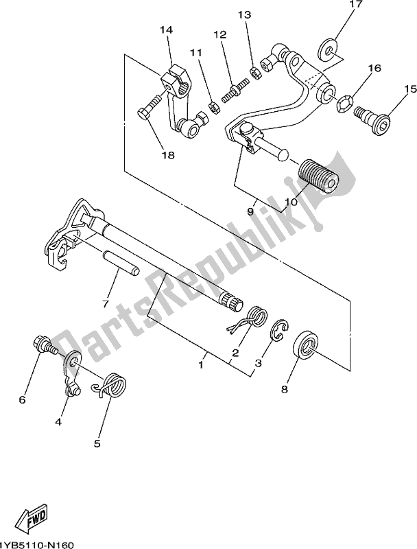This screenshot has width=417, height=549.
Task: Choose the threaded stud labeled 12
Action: click(235, 91)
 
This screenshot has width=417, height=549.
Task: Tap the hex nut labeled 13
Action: click(254, 73)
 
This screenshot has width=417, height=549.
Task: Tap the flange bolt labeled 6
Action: click(45, 344)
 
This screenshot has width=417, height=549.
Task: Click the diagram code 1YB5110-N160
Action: click(36, 545)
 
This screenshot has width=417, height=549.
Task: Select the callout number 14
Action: click(166, 30)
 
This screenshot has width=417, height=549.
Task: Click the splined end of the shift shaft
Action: click(232, 302)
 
